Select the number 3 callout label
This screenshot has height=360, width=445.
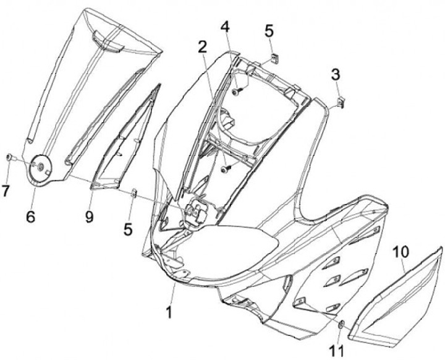(x=336, y=75)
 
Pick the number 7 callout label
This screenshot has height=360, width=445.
(x=6, y=192)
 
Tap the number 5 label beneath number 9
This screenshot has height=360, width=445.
(x=128, y=229)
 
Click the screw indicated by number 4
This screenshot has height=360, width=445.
(x=237, y=92)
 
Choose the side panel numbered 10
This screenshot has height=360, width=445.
(x=396, y=297)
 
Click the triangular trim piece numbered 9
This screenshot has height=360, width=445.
(x=124, y=145)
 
